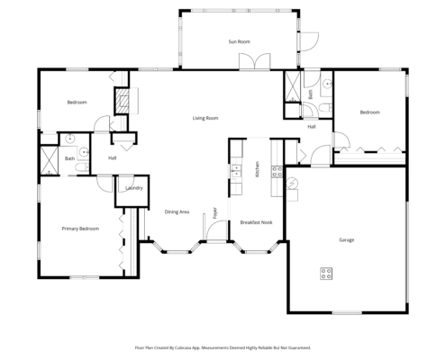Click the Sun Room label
[x=238, y=41]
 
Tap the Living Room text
[x=205, y=118]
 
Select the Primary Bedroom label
[x=79, y=229]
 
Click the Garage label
[x=346, y=240]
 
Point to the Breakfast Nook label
[x=255, y=221]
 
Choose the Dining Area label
[x=177, y=211]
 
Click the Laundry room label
[x=135, y=188]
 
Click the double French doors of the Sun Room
[x=252, y=61]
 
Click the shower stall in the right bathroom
[x=294, y=85]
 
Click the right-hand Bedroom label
[x=369, y=112]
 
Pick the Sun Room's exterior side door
[x=306, y=40]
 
